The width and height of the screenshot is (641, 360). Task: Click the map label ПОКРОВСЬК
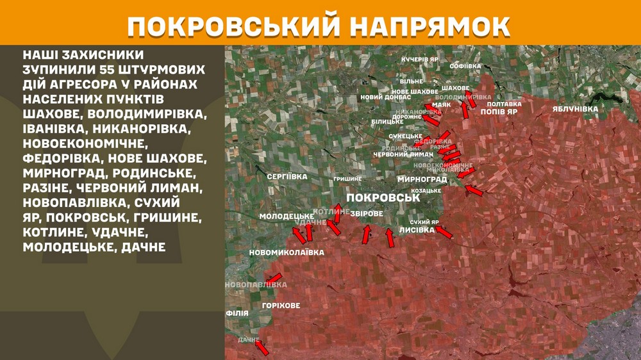pos(383,198)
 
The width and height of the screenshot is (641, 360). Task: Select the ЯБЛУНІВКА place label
pos(575,109)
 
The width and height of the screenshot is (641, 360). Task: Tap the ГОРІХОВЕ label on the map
pos(281,306)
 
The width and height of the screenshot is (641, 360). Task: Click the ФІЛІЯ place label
pos(237,314)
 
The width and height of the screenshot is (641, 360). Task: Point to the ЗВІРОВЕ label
pos(367,213)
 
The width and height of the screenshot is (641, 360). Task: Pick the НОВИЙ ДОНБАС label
pos(382,97)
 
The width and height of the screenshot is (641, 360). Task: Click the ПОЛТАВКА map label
pos(504,103)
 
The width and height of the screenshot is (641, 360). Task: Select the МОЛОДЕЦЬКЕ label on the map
pos(287,216)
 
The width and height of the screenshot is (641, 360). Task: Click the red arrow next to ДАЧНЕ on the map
pos(262,348)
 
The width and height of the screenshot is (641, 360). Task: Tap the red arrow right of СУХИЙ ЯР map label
pos(444,231)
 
